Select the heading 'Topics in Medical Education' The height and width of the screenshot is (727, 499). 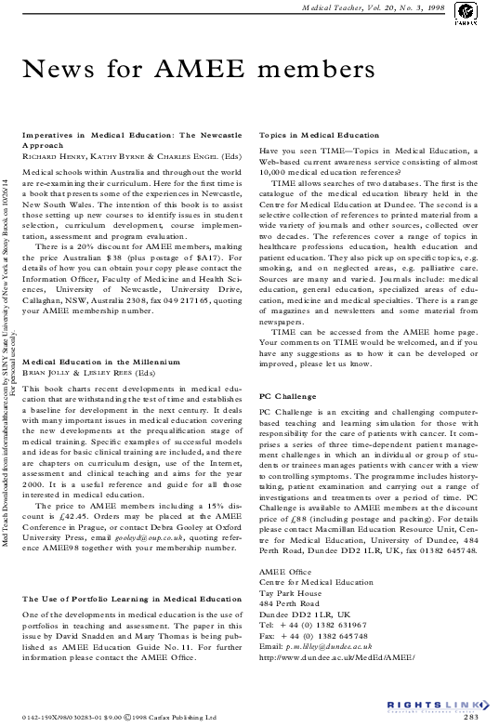(x=319, y=136)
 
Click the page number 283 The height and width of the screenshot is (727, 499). (x=470, y=717)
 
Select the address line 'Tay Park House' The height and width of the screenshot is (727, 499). (x=291, y=566)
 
